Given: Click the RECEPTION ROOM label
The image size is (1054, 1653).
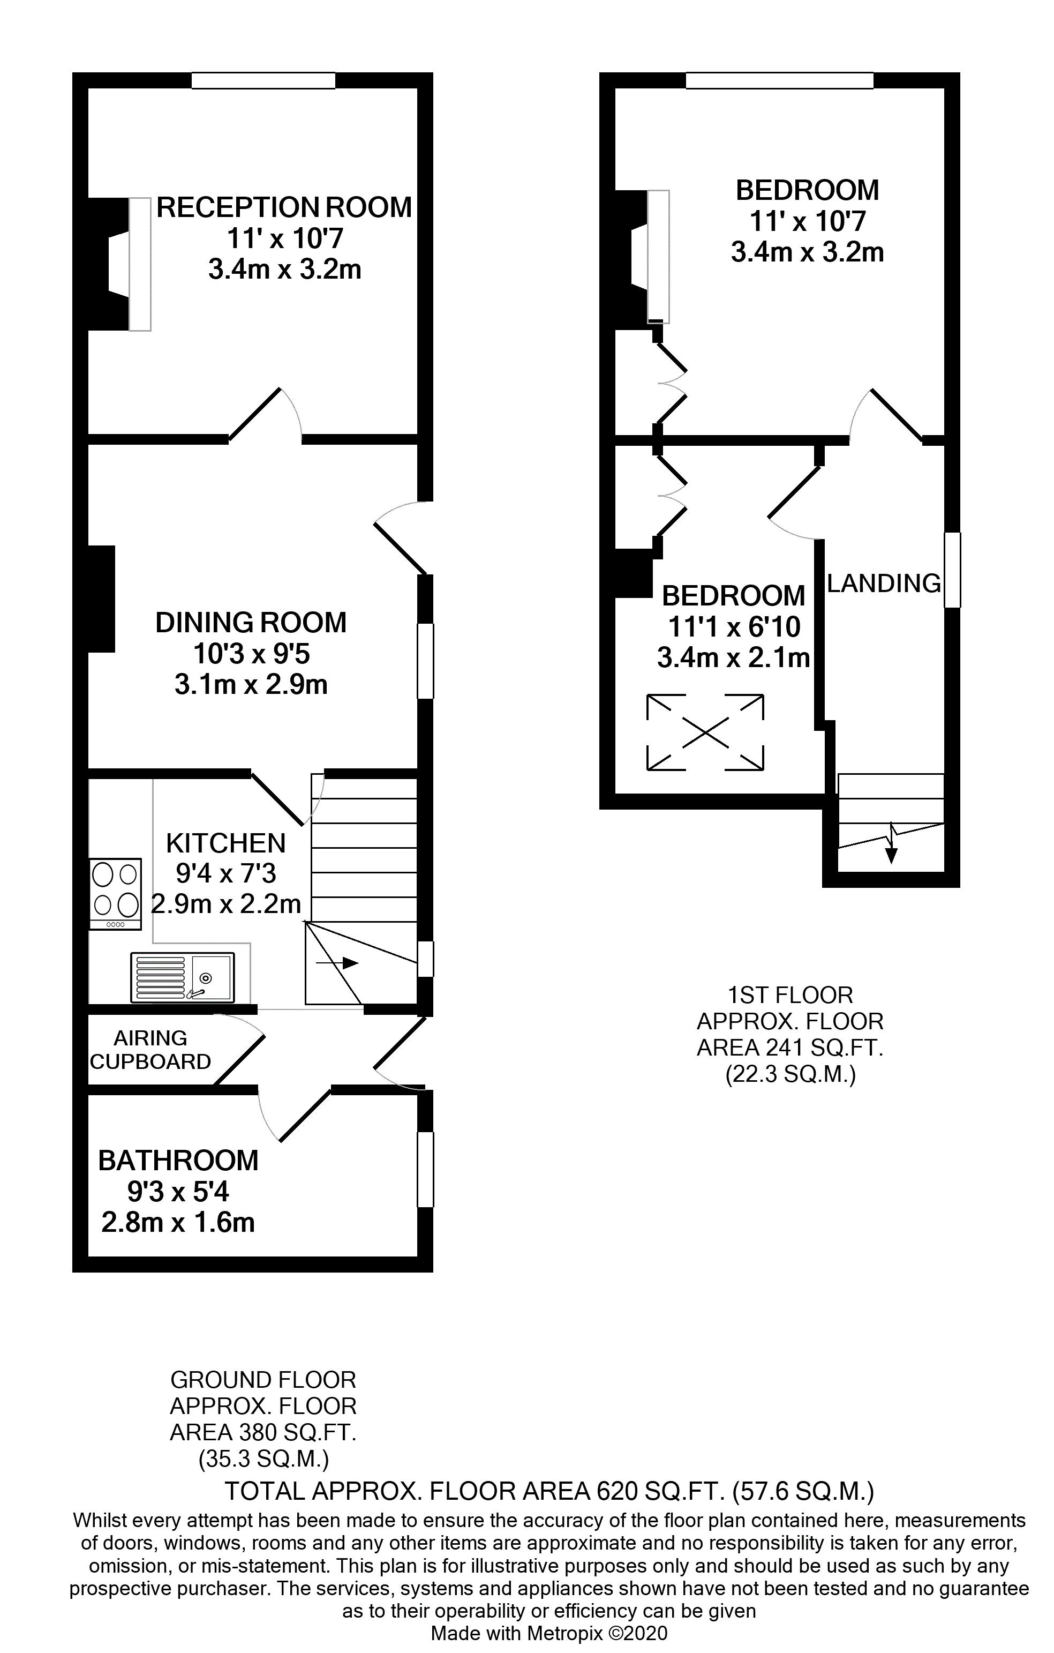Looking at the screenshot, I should tap(284, 207).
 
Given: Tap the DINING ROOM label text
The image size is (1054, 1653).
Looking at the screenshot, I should tap(251, 623).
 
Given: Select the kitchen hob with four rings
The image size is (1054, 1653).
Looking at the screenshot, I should tap(115, 894).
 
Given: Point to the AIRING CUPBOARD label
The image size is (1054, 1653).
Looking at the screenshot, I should tap(150, 1050).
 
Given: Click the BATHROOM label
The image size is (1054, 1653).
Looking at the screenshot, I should tap(178, 1161).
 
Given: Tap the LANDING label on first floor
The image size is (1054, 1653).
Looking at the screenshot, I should tap(884, 584).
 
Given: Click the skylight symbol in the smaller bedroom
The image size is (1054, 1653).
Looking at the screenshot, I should tap(705, 732).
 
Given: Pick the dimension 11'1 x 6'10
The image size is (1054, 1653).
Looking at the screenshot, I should tap(734, 627).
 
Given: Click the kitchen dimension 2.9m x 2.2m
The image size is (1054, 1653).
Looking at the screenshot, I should tap(227, 904).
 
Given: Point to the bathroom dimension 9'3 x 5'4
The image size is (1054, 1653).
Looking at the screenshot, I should tap(178, 1192).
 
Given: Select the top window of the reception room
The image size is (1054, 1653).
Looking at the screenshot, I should tap(263, 81).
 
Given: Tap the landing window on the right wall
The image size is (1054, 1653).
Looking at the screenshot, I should tap(952, 570).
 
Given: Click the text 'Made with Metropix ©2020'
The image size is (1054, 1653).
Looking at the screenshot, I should tap(549, 1633).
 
